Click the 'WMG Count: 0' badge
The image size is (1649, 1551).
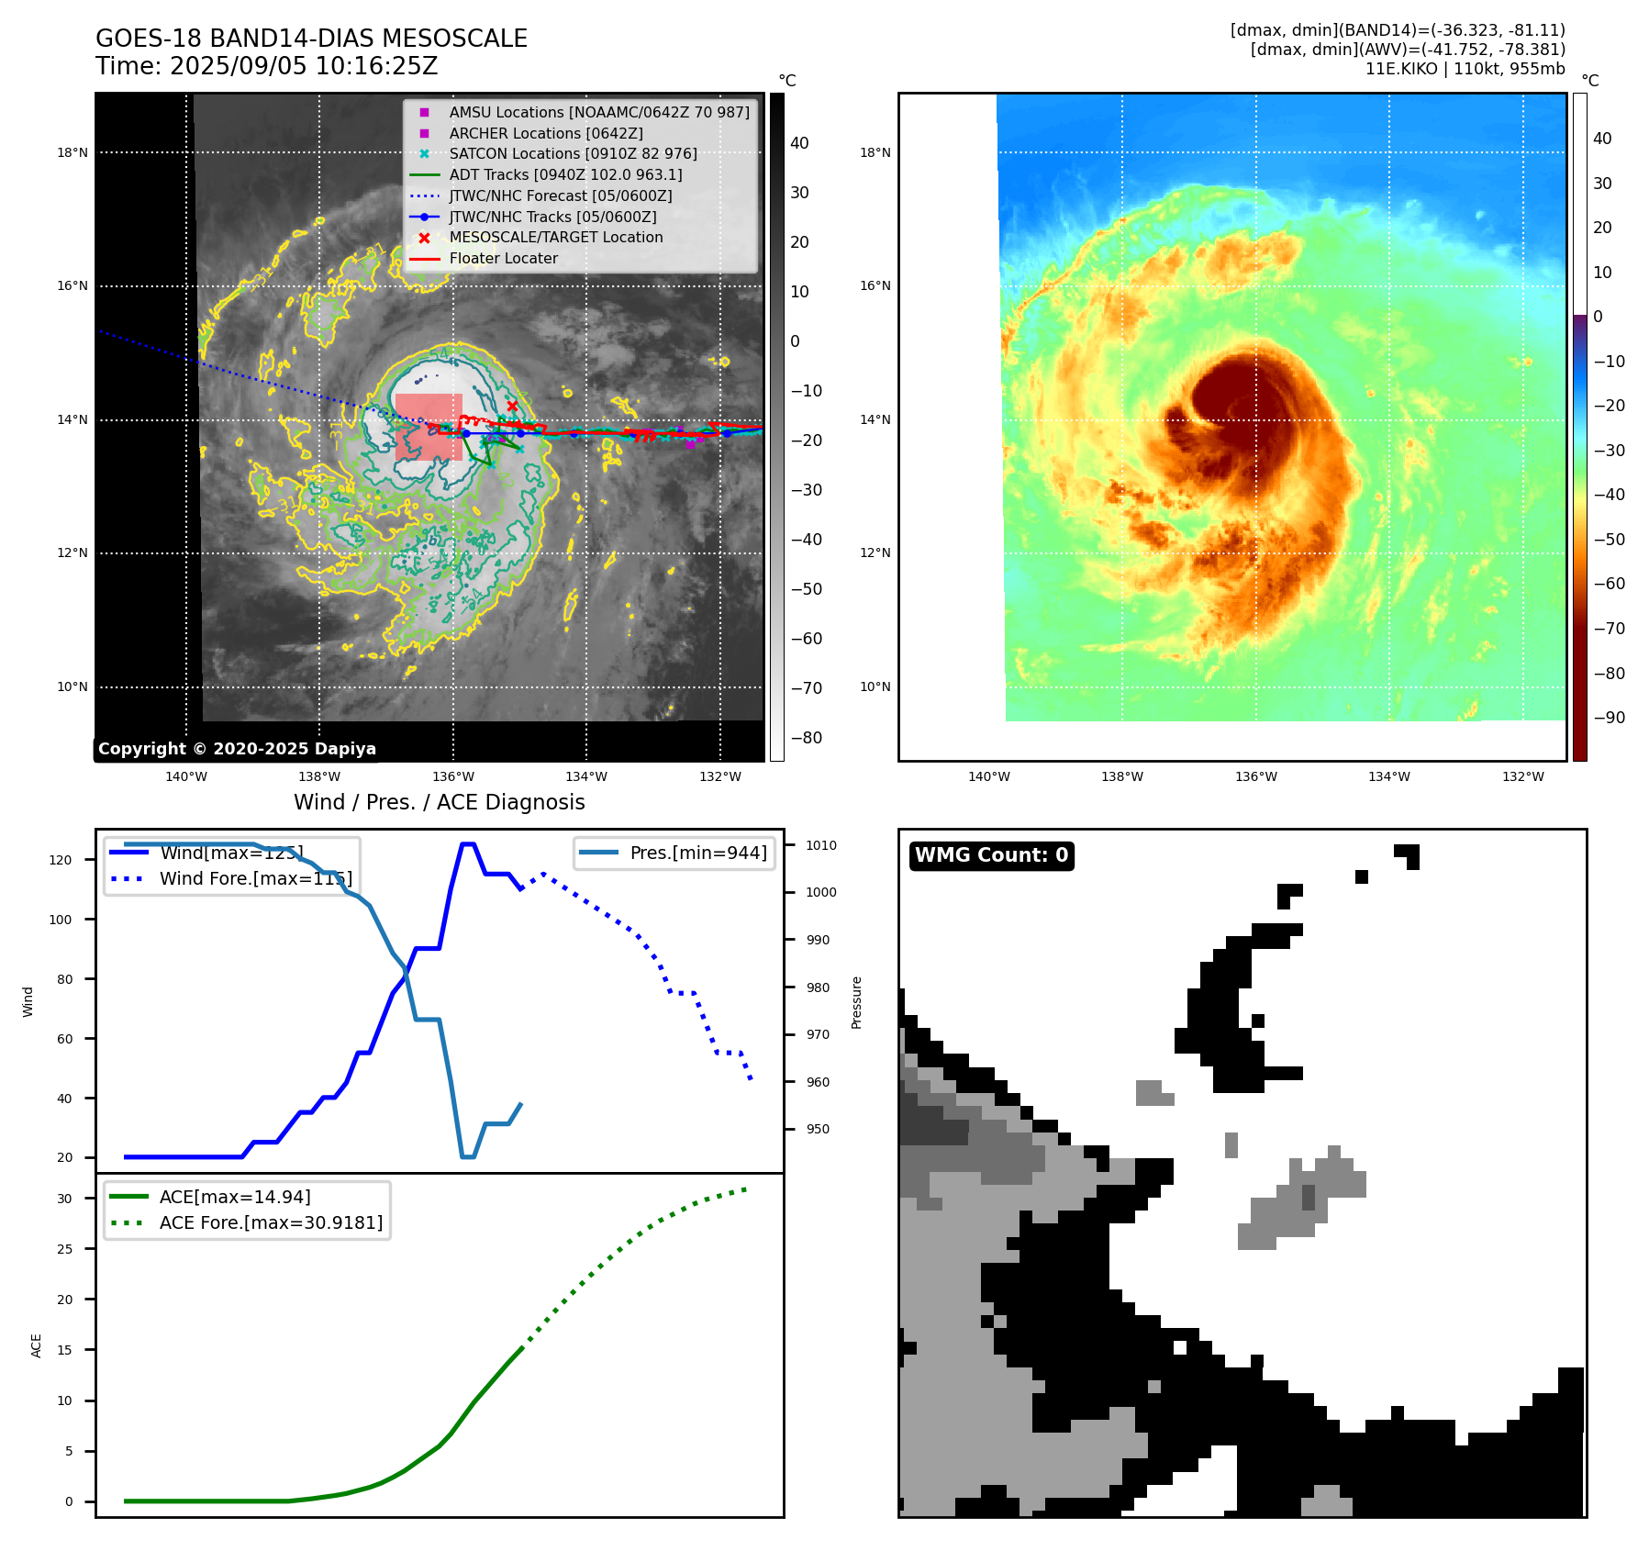(x=991, y=855)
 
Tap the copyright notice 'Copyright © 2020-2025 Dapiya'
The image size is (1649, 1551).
(x=237, y=749)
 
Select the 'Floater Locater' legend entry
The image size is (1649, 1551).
(x=503, y=259)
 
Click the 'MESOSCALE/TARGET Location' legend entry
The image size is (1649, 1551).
(x=555, y=238)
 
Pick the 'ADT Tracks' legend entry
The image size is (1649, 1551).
(x=565, y=175)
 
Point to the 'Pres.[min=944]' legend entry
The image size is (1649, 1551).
(x=697, y=854)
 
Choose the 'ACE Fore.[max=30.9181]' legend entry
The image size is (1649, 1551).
(x=271, y=1223)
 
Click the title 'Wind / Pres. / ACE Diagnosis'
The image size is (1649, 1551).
(x=439, y=803)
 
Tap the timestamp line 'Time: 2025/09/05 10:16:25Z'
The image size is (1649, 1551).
(x=266, y=67)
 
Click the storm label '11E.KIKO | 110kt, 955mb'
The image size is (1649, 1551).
(x=1465, y=69)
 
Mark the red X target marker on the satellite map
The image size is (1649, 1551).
(x=512, y=406)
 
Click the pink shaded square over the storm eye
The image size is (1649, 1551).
(x=429, y=427)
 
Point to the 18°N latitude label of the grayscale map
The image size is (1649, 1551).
(x=72, y=153)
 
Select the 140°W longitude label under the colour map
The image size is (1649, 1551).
(x=988, y=777)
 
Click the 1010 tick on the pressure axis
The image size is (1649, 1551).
(x=821, y=846)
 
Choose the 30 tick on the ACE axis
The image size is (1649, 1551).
(x=64, y=1200)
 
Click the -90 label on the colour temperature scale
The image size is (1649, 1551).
(x=1609, y=719)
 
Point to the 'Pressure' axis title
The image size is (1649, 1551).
(x=857, y=1002)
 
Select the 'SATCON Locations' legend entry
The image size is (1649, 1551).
(x=573, y=154)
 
